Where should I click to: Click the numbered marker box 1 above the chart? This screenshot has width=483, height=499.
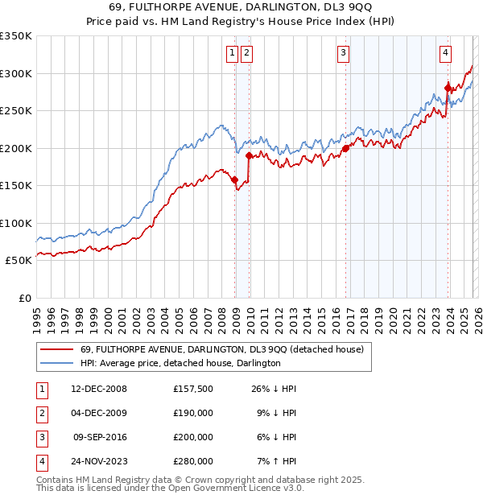[x=232, y=54]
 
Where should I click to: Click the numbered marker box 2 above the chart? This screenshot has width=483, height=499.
[x=246, y=54]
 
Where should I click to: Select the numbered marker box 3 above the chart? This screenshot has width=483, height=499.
[x=344, y=54]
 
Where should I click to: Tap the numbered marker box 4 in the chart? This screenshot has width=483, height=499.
[x=445, y=54]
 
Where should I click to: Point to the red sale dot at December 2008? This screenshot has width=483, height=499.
[x=235, y=180]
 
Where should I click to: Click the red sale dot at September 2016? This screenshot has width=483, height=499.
[x=345, y=148]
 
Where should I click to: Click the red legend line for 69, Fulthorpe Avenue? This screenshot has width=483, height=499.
[x=56, y=350]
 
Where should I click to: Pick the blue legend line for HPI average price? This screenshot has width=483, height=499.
[x=56, y=364]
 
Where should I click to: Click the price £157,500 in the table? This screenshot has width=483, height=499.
[x=192, y=389]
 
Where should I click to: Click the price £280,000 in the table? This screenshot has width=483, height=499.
[x=192, y=461]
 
